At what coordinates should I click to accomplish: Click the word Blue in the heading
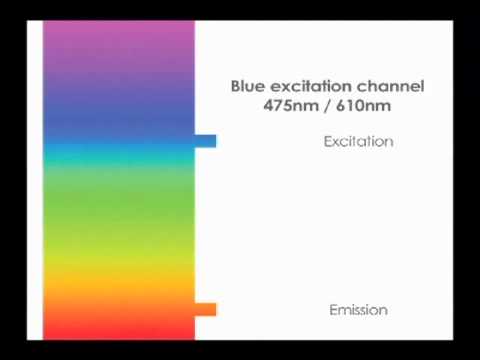249,86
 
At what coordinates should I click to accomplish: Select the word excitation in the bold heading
311,86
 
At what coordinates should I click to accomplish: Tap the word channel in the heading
391,86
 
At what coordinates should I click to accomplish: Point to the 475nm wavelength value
289,105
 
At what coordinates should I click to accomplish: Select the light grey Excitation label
358,141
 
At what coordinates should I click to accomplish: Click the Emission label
358,310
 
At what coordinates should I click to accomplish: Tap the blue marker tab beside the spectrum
205,141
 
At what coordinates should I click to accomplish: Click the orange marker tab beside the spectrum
205,309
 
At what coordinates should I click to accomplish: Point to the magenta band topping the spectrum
118,40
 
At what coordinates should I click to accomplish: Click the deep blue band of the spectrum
118,105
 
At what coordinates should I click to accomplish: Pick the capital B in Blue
236,86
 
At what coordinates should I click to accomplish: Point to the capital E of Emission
333,310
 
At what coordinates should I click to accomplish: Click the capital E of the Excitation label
327,141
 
